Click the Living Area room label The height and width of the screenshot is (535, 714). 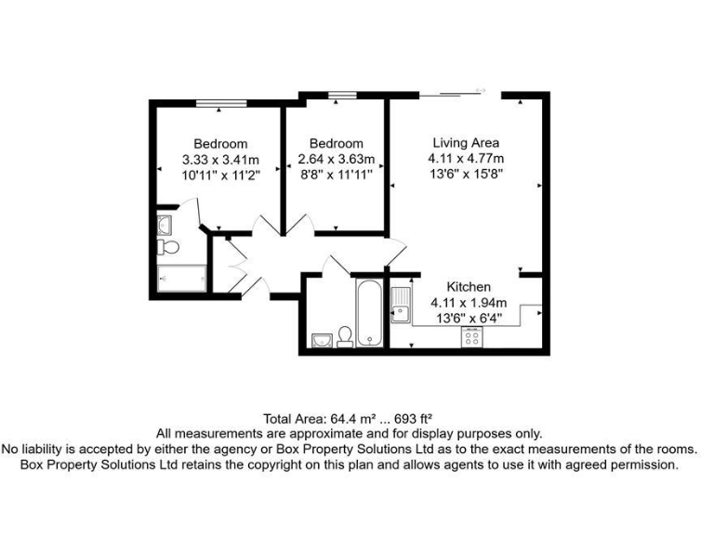(x=466, y=143)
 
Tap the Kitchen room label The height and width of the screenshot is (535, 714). (x=469, y=287)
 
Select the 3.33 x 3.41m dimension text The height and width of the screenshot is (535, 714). (x=220, y=159)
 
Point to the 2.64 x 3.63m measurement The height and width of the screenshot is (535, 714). (x=336, y=159)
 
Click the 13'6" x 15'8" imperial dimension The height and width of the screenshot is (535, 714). (x=466, y=174)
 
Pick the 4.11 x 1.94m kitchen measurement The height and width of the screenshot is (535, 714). (x=469, y=302)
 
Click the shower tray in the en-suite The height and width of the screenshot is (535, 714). (x=181, y=278)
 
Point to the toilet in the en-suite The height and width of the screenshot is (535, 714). (x=167, y=247)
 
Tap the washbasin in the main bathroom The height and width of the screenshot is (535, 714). (x=322, y=339)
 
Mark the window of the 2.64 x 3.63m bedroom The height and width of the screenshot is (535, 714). (x=342, y=93)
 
